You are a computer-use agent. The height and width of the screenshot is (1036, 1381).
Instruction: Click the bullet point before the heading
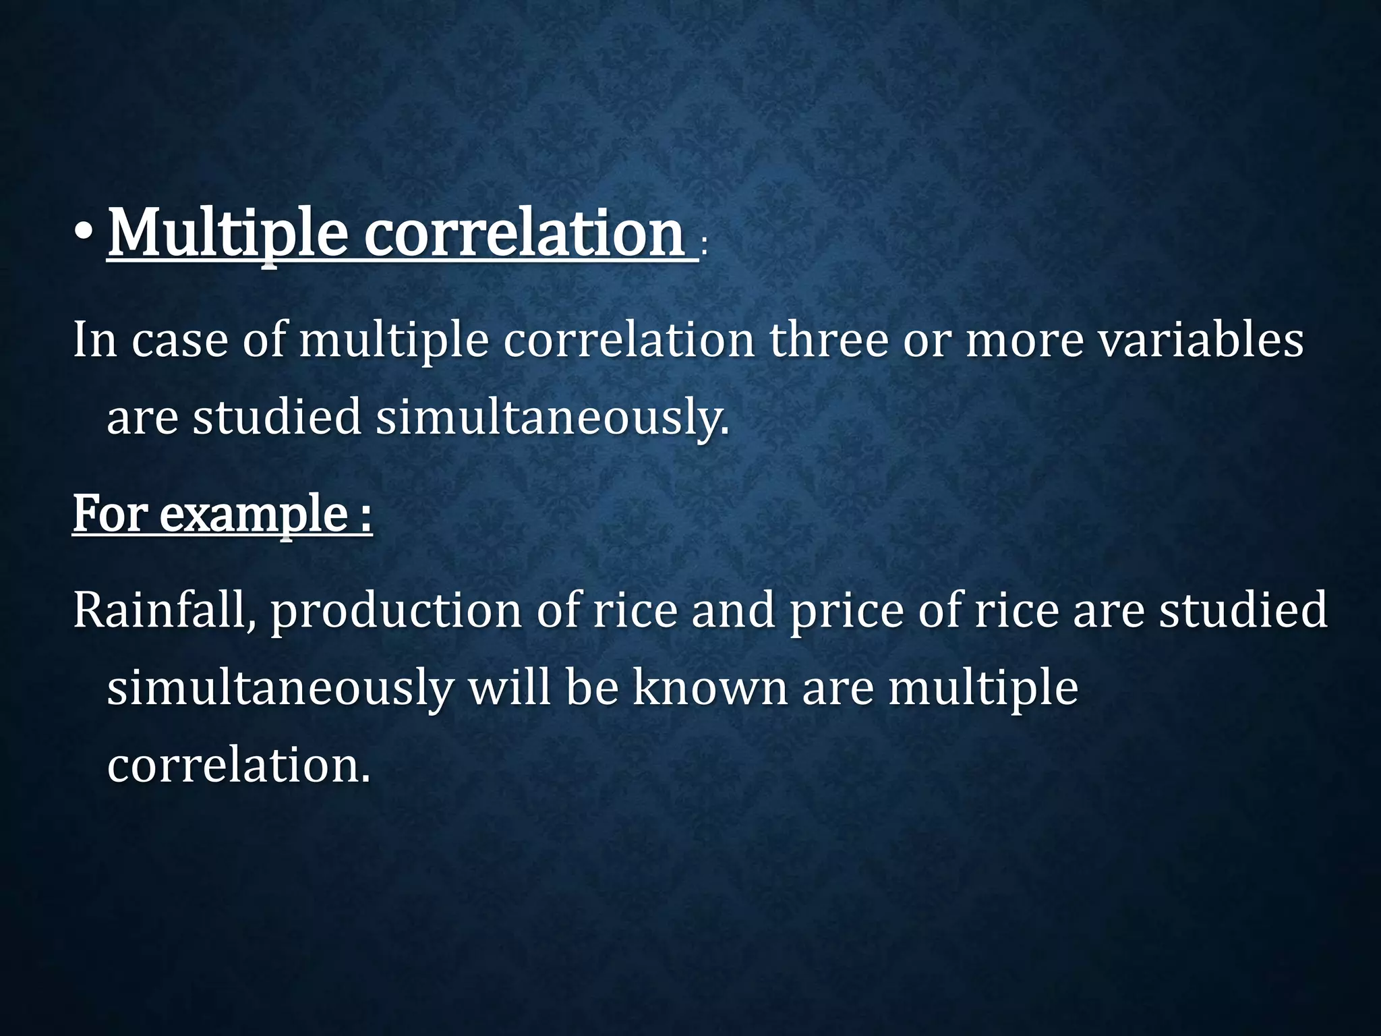tap(85, 233)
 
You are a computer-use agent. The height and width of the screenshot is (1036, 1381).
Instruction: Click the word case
tap(179, 341)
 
